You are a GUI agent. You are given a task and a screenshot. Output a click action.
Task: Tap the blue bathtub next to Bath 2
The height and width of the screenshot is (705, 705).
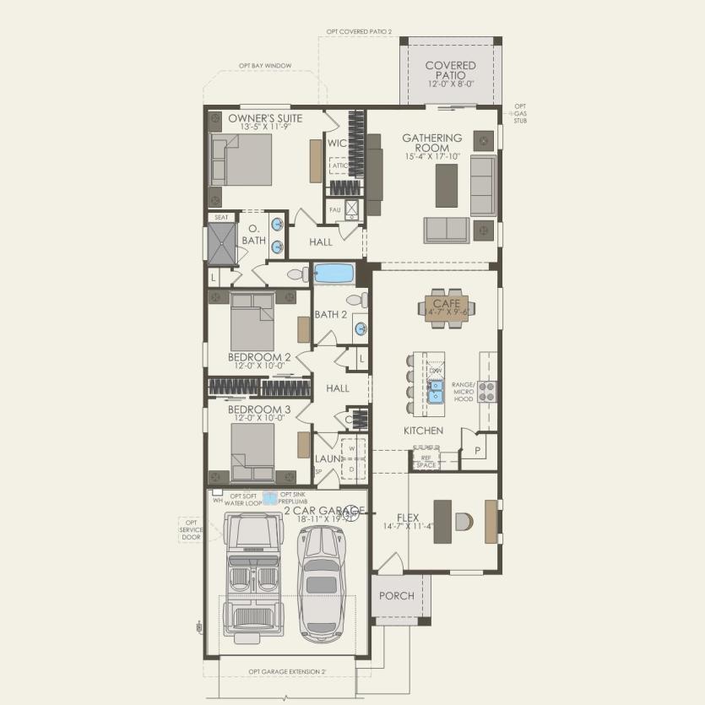tap(334, 274)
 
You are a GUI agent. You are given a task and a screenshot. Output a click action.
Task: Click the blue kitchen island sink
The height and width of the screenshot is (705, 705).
tap(437, 391)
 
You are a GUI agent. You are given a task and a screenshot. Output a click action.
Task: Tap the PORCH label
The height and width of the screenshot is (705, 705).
tap(396, 596)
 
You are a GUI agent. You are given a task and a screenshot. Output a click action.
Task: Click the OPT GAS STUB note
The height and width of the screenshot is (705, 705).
tap(520, 113)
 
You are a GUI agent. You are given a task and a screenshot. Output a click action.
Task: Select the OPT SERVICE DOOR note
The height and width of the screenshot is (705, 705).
tap(190, 529)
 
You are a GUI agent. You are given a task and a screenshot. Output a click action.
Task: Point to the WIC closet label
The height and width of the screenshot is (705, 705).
tap(338, 143)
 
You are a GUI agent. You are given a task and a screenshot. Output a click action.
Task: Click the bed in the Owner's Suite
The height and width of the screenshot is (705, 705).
tap(241, 160)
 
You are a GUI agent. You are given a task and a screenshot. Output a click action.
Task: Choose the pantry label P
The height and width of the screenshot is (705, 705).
tap(477, 452)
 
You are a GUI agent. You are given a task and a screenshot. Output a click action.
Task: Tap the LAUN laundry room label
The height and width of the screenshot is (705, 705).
tap(326, 458)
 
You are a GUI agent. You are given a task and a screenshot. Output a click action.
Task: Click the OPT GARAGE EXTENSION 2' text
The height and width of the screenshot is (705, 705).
tap(287, 672)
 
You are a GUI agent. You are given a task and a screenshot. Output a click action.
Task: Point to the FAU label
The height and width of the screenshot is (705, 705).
tap(334, 209)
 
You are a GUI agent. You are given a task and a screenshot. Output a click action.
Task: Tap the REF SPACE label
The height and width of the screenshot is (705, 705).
tap(426, 461)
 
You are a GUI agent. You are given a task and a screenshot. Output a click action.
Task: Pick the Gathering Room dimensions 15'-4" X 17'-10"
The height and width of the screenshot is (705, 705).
tap(431, 156)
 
